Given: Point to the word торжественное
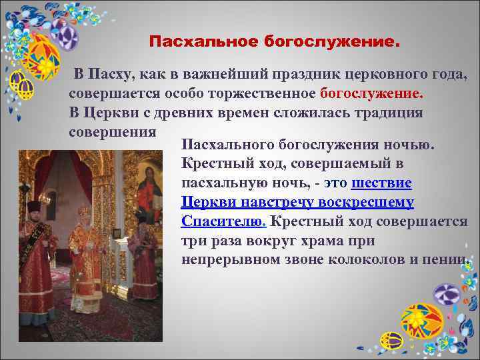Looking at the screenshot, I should (263, 93).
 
